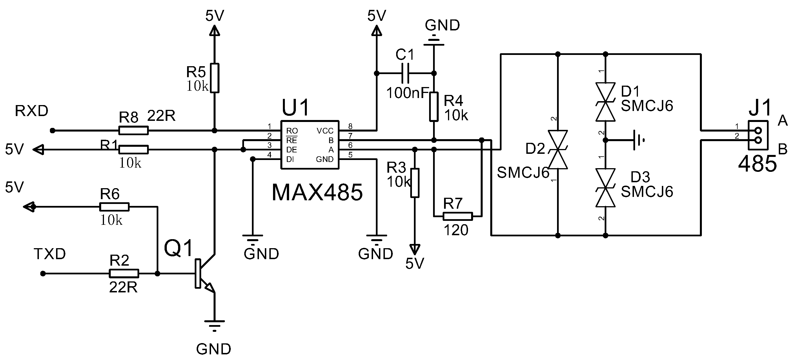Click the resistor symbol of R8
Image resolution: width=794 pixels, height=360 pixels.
coord(134,130)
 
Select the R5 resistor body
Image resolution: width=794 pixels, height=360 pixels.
coord(214,78)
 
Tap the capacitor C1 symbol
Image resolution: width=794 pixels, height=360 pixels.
coord(406,73)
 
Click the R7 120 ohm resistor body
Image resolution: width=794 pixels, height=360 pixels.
coord(458,216)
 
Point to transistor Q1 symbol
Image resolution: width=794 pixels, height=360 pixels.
coord(203,274)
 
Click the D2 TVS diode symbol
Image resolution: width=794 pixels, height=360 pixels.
coord(558,150)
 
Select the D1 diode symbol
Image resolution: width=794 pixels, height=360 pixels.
coord(606,102)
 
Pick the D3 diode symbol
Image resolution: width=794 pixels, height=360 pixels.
coord(606,187)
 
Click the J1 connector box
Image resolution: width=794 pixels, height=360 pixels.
coord(758,135)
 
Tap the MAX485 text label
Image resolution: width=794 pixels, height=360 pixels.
coord(317,193)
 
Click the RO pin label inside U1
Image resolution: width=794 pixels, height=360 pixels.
coord(292,131)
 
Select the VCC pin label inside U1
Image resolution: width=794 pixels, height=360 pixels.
coord(325,131)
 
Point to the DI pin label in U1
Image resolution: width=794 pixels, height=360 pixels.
coord(290,159)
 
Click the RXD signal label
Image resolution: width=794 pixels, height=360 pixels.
coord(32,111)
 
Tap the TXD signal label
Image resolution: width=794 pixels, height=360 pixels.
coord(50,254)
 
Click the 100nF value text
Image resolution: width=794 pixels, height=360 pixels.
coord(407,93)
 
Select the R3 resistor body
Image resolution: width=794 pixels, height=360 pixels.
coord(415,183)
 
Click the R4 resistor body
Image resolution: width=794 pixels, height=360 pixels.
coord(434,106)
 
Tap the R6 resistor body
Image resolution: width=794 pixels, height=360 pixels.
coord(114,207)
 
